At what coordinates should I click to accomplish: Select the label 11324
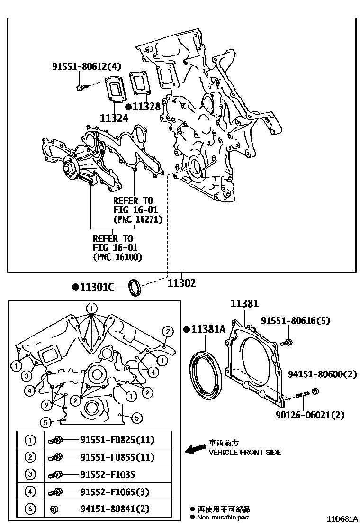click(114, 118)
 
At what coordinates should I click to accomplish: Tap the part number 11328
click(146, 107)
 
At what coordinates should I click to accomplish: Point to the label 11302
click(181, 283)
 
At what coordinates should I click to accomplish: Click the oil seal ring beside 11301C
click(135, 287)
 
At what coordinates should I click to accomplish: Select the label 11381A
click(208, 329)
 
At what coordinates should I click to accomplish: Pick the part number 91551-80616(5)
click(295, 321)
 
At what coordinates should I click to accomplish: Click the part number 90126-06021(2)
click(310, 415)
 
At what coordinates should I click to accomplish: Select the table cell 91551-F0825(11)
click(117, 440)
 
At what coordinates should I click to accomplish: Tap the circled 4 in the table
click(30, 492)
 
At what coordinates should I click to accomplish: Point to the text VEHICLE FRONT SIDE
click(244, 453)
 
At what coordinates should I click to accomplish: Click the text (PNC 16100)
click(117, 257)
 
